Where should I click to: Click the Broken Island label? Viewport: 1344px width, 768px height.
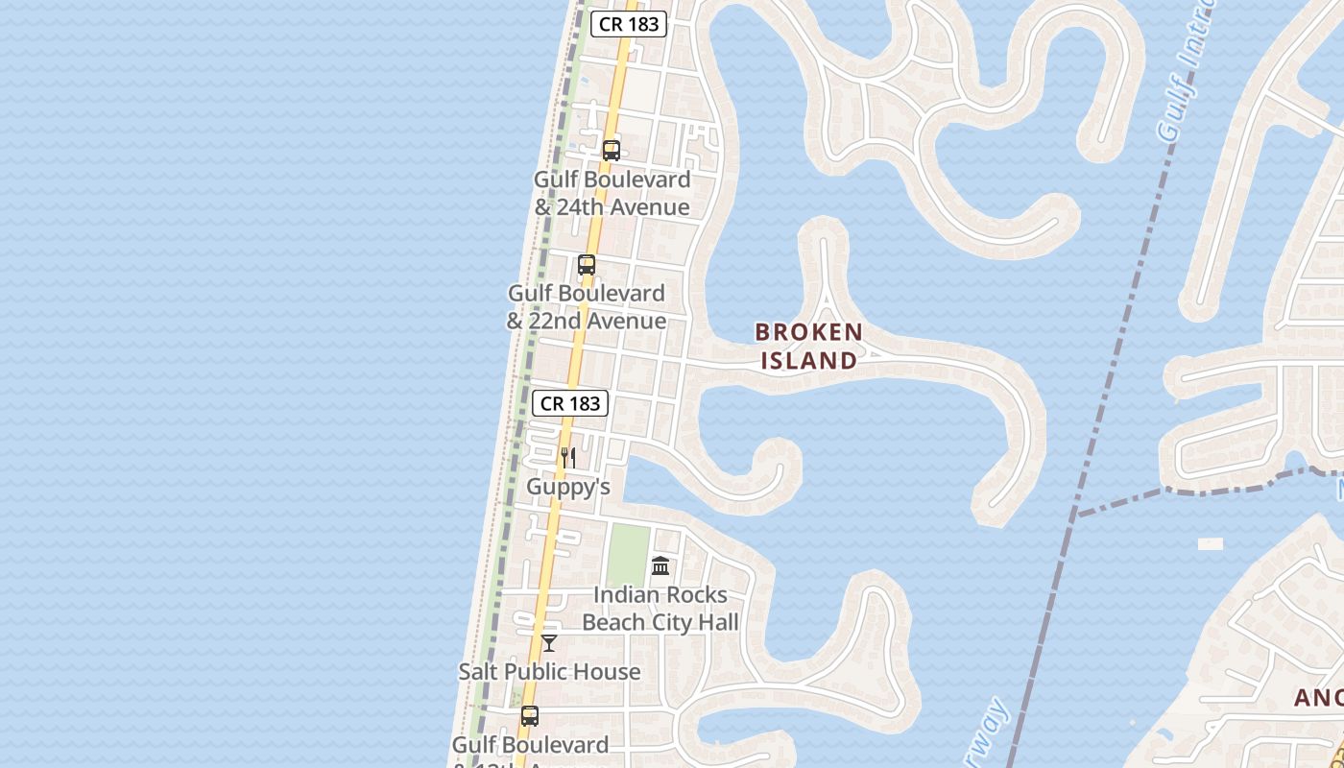pyautogui.click(x=808, y=346)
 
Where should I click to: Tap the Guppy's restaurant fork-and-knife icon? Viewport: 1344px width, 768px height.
pyautogui.click(x=568, y=457)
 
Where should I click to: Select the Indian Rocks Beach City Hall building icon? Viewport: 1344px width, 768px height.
pyautogui.click(x=660, y=565)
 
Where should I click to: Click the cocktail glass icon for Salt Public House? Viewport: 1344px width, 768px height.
pyautogui.click(x=549, y=642)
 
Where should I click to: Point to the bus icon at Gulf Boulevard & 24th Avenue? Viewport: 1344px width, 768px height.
pyautogui.click(x=612, y=151)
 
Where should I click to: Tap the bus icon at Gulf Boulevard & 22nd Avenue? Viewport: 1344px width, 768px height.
pyautogui.click(x=587, y=265)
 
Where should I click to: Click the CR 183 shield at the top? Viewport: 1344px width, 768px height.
pyautogui.click(x=629, y=24)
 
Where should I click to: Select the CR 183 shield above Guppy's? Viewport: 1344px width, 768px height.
pyautogui.click(x=571, y=403)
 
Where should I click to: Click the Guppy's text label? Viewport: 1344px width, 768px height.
pyautogui.click(x=568, y=487)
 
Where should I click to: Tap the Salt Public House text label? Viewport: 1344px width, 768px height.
pyautogui.click(x=549, y=671)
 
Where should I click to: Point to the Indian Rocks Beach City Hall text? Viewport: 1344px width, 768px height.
pyautogui.click(x=660, y=609)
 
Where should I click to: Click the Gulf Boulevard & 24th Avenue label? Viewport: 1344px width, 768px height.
pyautogui.click(x=612, y=193)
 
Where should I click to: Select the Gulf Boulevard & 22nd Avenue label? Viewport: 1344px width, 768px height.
pyautogui.click(x=587, y=306)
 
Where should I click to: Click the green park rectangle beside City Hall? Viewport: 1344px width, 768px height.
pyautogui.click(x=627, y=556)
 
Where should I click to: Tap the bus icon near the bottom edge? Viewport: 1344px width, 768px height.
pyautogui.click(x=530, y=716)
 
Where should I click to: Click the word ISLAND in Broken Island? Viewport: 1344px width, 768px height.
pyautogui.click(x=808, y=360)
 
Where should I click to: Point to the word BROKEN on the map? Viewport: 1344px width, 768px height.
pyautogui.click(x=808, y=332)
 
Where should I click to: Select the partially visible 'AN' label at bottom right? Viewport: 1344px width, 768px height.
pyautogui.click(x=1317, y=698)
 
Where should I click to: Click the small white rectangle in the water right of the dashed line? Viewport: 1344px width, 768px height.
pyautogui.click(x=1211, y=543)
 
